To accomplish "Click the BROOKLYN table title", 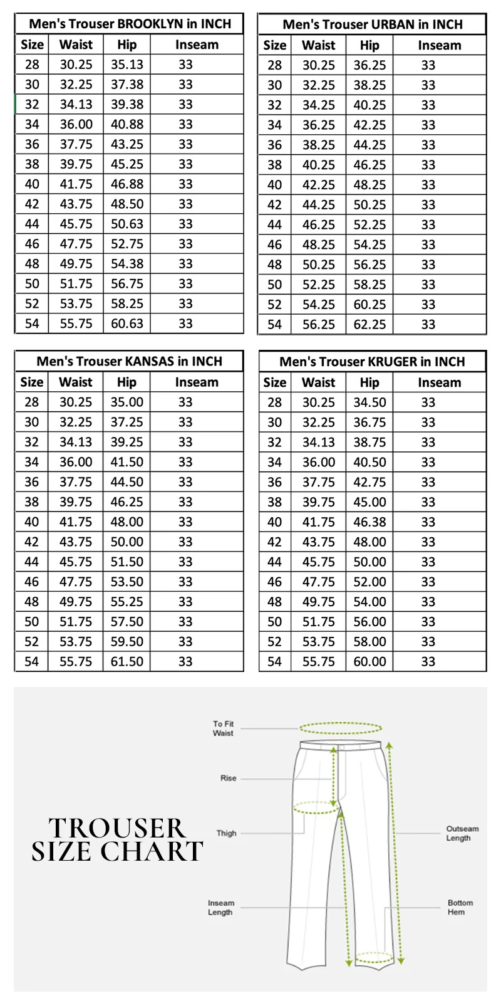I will (x=130, y=24).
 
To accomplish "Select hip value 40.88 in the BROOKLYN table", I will (x=127, y=124).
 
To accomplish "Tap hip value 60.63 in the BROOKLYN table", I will (x=127, y=323).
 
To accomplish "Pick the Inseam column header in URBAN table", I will (x=439, y=45).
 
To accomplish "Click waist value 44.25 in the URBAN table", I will (x=319, y=205).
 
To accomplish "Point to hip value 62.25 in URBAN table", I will (x=369, y=325).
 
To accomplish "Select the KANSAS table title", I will (x=129, y=362).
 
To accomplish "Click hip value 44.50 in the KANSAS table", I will (x=127, y=482).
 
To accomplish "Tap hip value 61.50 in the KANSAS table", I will (x=127, y=661).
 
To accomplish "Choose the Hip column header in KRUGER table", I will (x=369, y=382).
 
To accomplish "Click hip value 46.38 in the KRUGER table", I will (x=369, y=522).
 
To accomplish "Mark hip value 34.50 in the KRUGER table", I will (x=369, y=402).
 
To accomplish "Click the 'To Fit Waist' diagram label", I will (x=223, y=728).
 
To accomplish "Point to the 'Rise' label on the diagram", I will (x=229, y=779).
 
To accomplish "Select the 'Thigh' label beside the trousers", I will (x=227, y=834).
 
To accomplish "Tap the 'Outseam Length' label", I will (x=462, y=833).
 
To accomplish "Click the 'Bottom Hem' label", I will (x=460, y=908).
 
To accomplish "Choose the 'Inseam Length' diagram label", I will (x=221, y=908).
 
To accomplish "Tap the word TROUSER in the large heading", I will (x=118, y=829).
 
